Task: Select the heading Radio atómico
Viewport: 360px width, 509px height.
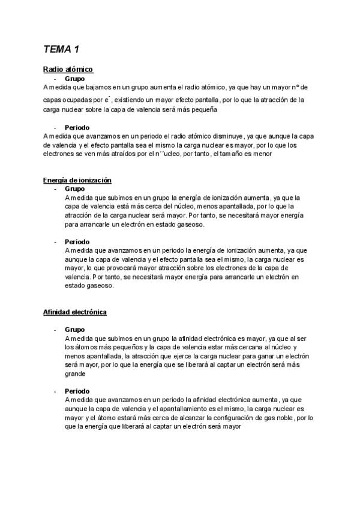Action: coord(68,70)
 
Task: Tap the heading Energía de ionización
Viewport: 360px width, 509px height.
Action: coord(77,180)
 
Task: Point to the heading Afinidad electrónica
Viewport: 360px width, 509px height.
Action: coord(75,313)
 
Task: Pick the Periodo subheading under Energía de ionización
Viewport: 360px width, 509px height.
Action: coord(77,242)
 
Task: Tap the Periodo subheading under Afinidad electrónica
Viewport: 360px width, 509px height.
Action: coord(77,391)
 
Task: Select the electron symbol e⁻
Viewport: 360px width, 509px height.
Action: coord(106,100)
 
